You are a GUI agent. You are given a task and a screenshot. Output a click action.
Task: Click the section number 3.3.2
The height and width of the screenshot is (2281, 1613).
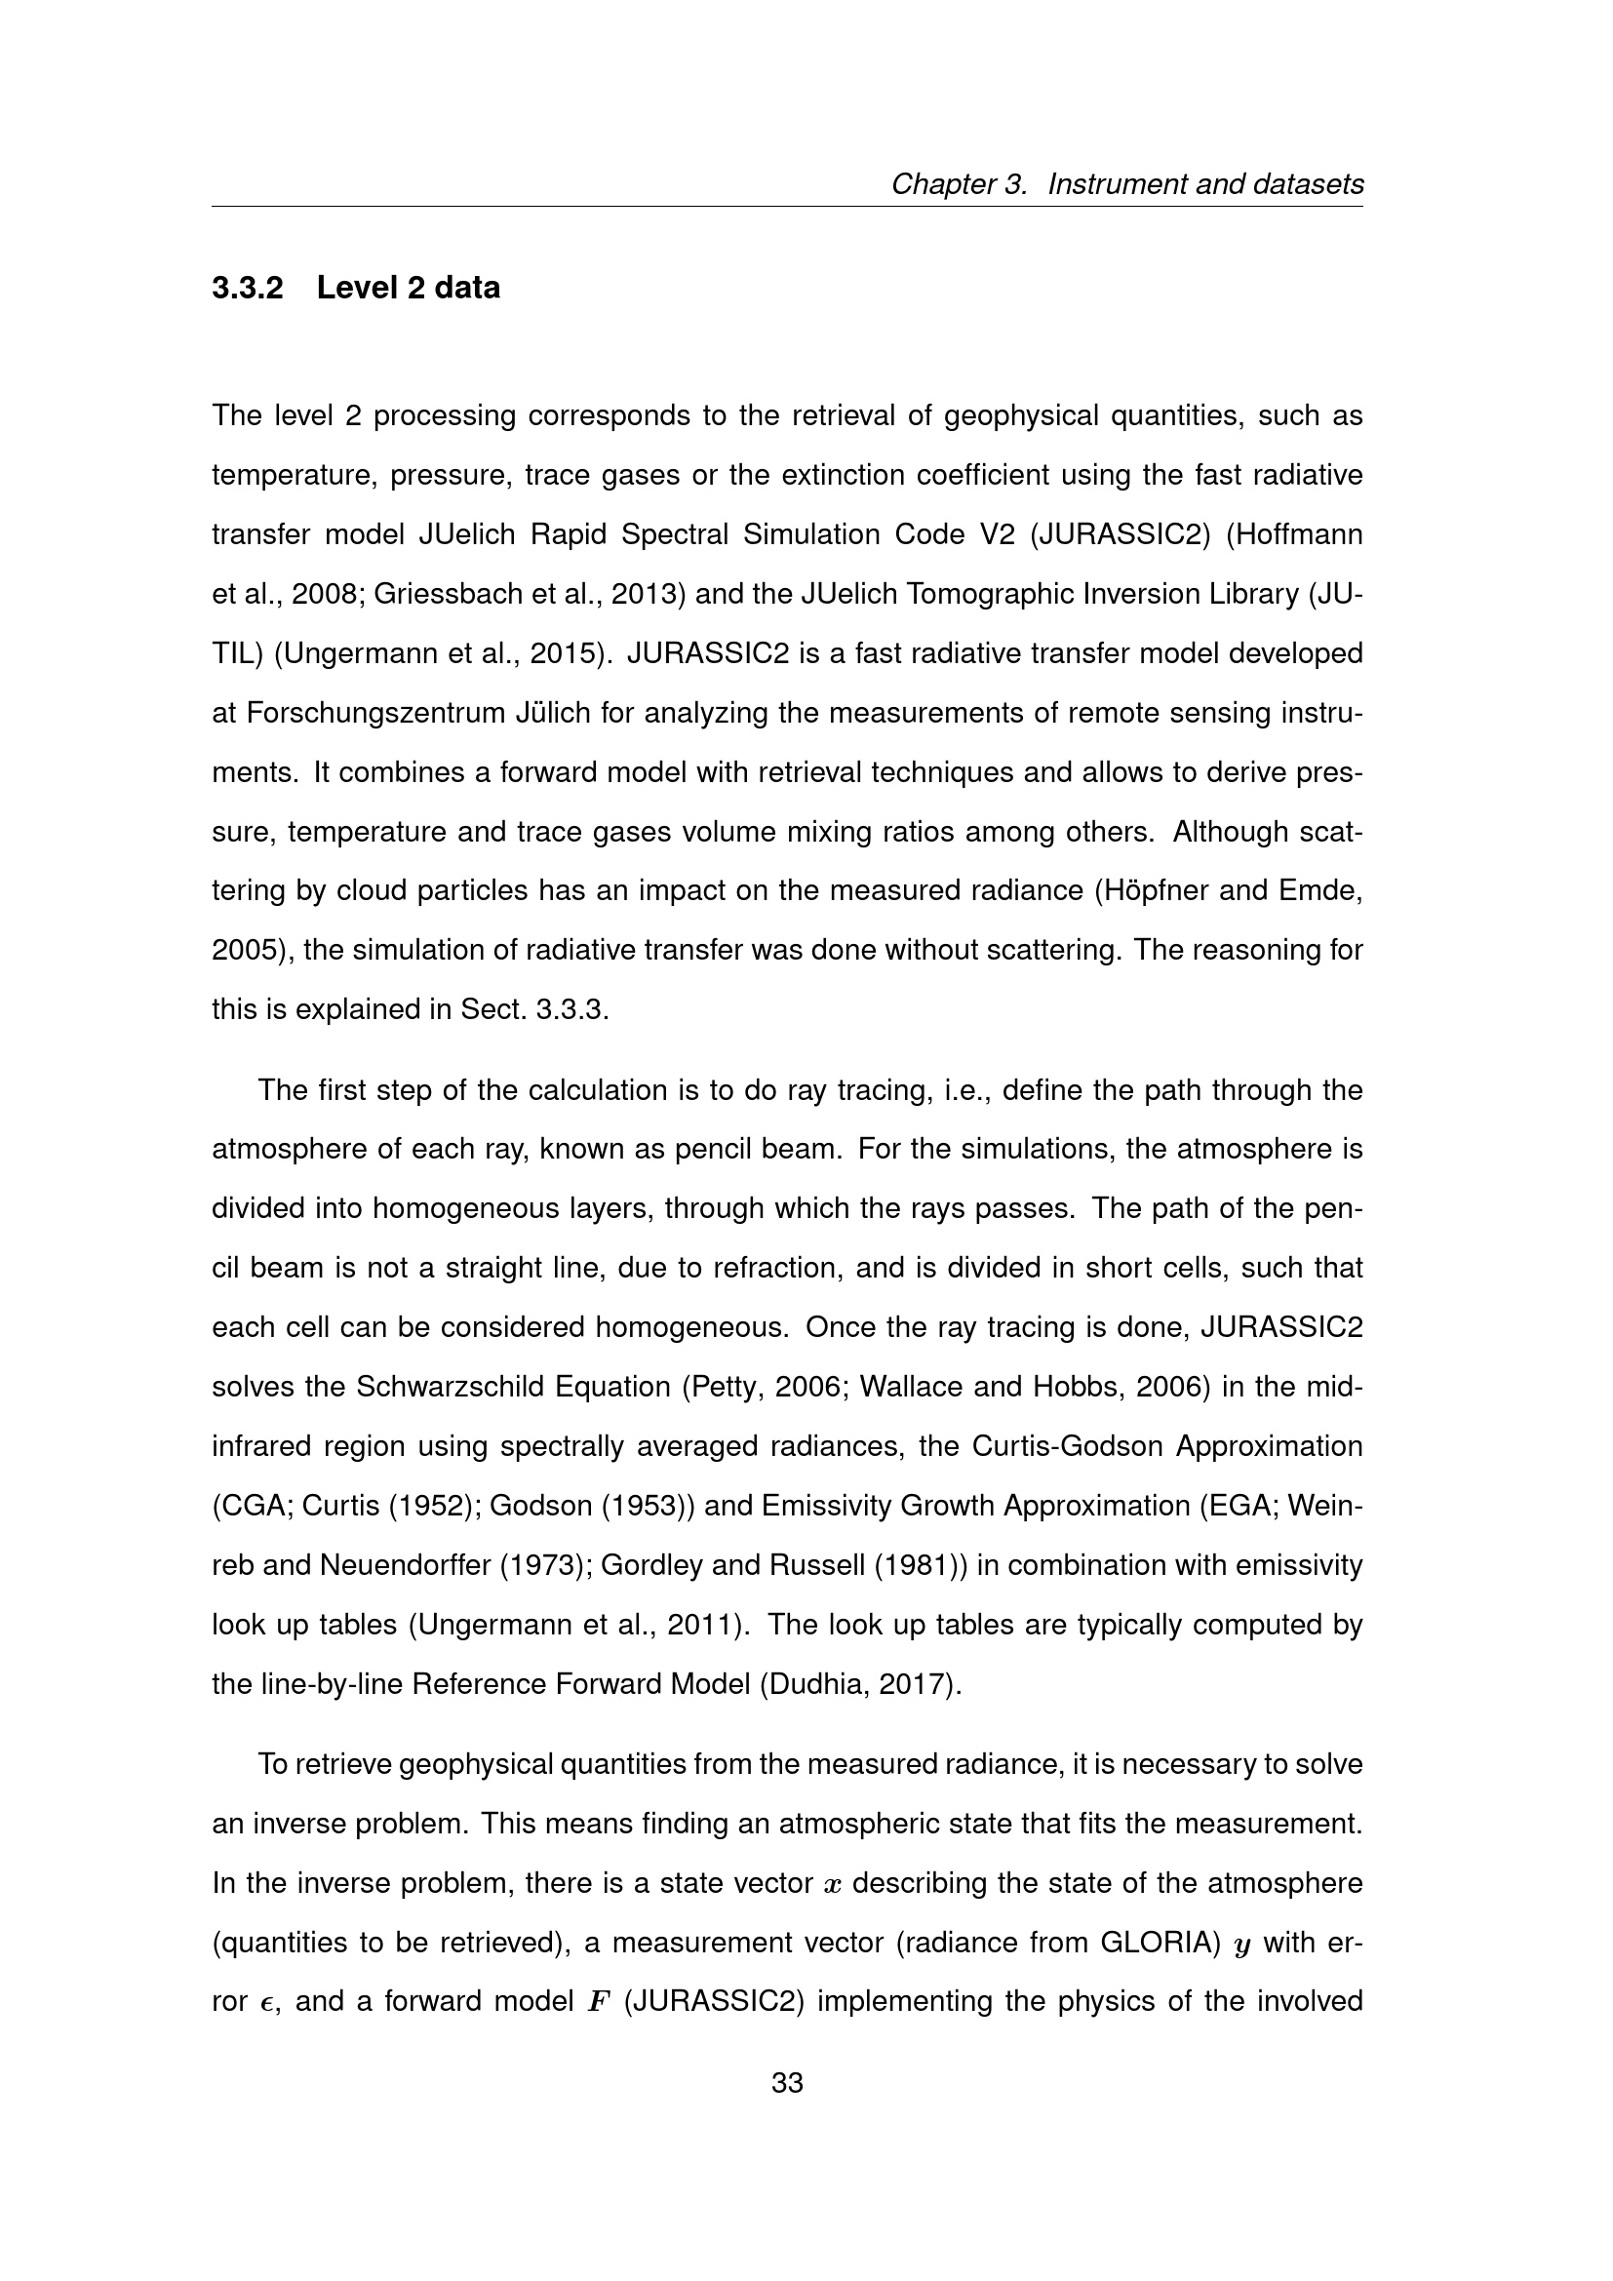[x=248, y=288]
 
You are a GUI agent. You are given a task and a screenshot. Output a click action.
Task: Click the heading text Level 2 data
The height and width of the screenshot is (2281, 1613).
[x=409, y=288]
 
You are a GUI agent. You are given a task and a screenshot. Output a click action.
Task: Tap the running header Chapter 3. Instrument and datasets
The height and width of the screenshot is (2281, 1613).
[x=1126, y=183]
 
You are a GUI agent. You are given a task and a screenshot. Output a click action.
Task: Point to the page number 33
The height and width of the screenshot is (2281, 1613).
[x=787, y=2082]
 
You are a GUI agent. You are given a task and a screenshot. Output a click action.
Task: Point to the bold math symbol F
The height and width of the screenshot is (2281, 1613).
[x=597, y=2002]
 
